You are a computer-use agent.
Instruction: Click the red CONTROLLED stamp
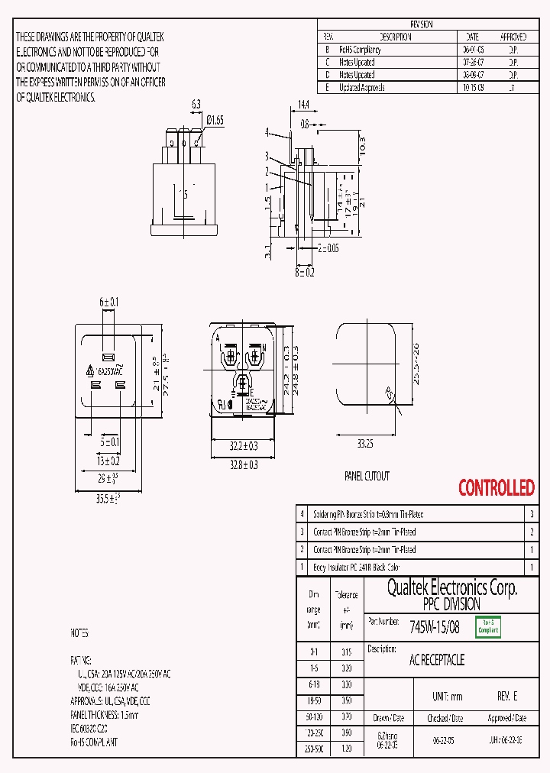coord(496,487)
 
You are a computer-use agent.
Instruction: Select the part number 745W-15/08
coord(435,627)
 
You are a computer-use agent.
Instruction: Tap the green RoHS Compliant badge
coord(488,626)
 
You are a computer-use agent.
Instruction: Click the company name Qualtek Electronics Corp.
coord(451,587)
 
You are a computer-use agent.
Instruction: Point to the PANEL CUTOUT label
coord(367,476)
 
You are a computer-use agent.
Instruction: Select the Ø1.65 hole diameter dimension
coord(215,119)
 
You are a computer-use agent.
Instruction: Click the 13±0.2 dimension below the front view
coord(108,461)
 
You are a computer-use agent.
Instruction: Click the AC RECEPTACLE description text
coord(437,660)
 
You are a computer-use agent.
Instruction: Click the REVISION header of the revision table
coord(421,24)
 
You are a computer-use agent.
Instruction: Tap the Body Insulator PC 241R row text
coord(356,568)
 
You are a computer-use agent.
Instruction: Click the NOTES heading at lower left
coord(79,633)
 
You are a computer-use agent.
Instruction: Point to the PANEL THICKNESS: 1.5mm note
coord(105,715)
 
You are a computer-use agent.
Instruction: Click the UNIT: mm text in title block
coord(447,697)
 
